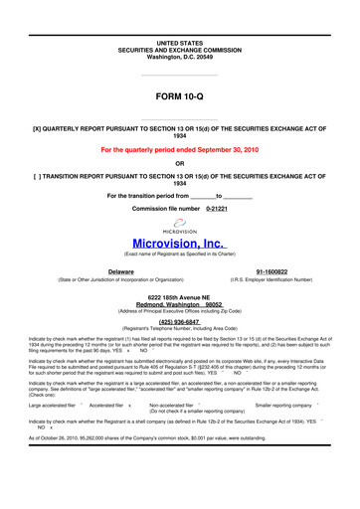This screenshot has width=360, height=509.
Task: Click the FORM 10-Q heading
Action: tap(179, 97)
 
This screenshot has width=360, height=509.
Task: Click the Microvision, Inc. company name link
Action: tap(179, 241)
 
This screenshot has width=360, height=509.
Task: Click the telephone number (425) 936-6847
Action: tap(179, 321)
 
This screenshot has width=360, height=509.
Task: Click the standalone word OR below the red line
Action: tap(179, 164)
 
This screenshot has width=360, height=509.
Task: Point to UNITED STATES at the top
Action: tap(179, 45)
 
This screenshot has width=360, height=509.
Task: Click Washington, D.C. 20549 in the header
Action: tap(179, 60)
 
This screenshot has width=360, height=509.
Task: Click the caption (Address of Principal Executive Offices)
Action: tap(179, 313)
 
